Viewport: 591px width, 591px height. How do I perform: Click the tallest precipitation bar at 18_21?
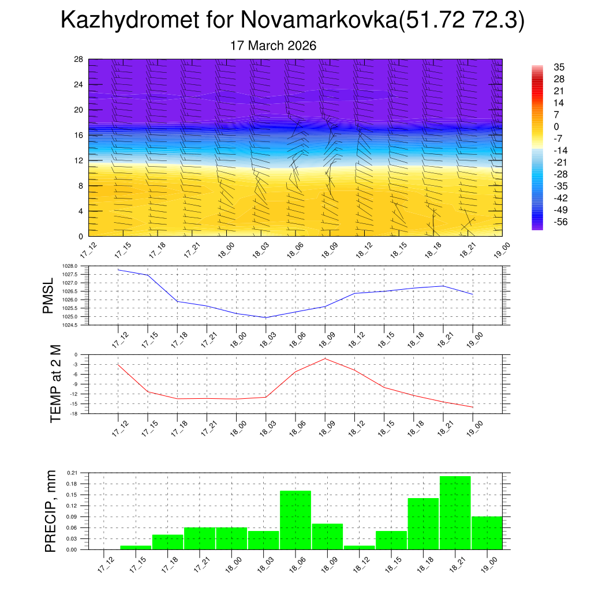tap(455, 513)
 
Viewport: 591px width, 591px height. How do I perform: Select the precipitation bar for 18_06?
tap(295, 519)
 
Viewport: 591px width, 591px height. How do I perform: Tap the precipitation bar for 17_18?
tap(168, 542)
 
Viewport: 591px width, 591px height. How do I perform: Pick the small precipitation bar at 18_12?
tap(359, 547)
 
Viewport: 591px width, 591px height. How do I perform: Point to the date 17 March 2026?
tap(273, 46)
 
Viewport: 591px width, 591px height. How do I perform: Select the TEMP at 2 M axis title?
tap(55, 384)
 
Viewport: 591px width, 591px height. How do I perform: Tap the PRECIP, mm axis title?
tap(51, 511)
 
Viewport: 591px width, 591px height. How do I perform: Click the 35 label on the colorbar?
tap(559, 67)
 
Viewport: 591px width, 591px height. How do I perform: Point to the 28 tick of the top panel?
tap(79, 59)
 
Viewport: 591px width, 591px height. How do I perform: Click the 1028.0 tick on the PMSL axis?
tap(70, 266)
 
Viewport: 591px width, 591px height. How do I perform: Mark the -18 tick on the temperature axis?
tap(74, 414)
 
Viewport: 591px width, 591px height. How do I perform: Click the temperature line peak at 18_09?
tap(325, 358)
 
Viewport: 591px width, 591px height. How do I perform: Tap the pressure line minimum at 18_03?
tap(265, 317)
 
